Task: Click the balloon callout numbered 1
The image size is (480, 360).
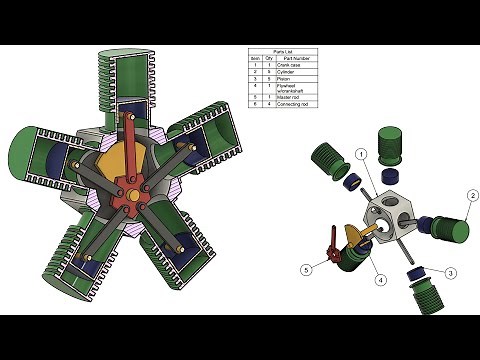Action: point(361,154)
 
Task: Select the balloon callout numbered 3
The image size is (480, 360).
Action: point(451,272)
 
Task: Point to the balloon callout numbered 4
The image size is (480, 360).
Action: point(381,280)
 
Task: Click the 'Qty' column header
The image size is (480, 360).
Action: point(269,58)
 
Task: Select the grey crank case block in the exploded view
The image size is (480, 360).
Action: point(391,210)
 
